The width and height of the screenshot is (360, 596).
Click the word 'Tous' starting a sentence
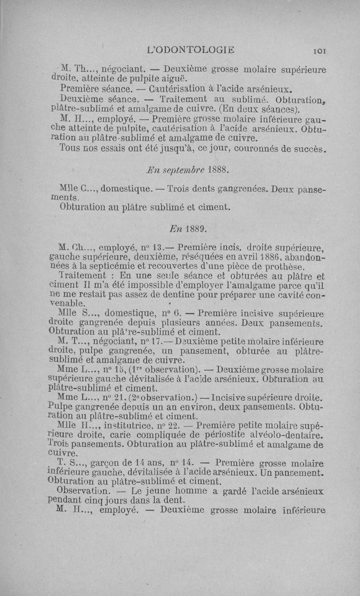(x=70, y=149)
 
